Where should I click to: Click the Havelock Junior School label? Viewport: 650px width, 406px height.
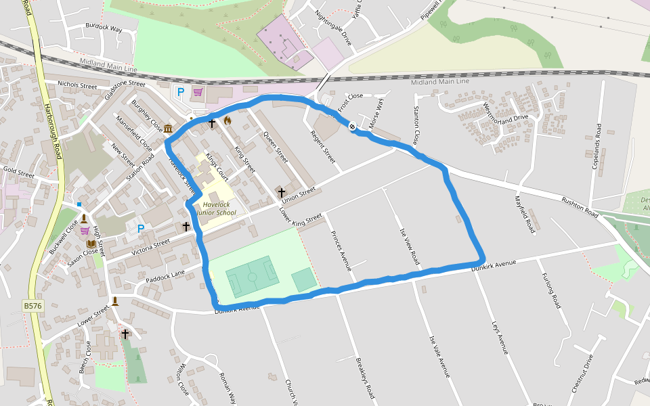(216, 208)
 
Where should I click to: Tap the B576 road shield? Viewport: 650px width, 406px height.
(32, 307)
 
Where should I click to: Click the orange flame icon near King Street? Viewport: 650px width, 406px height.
(227, 120)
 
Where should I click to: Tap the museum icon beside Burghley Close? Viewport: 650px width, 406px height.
(167, 129)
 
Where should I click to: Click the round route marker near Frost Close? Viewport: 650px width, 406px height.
(352, 126)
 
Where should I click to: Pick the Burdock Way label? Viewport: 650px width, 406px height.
(104, 28)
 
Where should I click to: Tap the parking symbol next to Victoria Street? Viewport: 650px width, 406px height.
(141, 229)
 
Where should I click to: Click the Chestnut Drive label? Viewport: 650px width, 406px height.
(583, 374)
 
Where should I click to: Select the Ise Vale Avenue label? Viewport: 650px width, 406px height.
(439, 356)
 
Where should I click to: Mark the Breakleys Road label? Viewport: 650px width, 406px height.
(365, 378)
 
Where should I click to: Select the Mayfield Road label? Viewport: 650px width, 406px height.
(525, 215)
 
